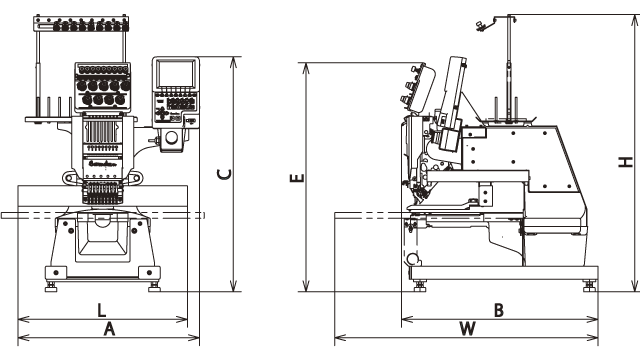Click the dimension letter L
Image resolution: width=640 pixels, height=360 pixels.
coord(102,308)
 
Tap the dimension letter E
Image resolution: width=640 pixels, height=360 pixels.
coord(295,179)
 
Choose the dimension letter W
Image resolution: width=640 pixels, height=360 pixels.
coord(466,327)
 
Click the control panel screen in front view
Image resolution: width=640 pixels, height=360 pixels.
coord(174,76)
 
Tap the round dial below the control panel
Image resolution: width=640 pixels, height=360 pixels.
coord(173,137)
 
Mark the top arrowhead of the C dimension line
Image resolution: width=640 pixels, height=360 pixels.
coord(234,62)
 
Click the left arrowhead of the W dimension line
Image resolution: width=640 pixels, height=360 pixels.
coord(338,339)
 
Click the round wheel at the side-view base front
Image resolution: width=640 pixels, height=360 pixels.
coord(414,261)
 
